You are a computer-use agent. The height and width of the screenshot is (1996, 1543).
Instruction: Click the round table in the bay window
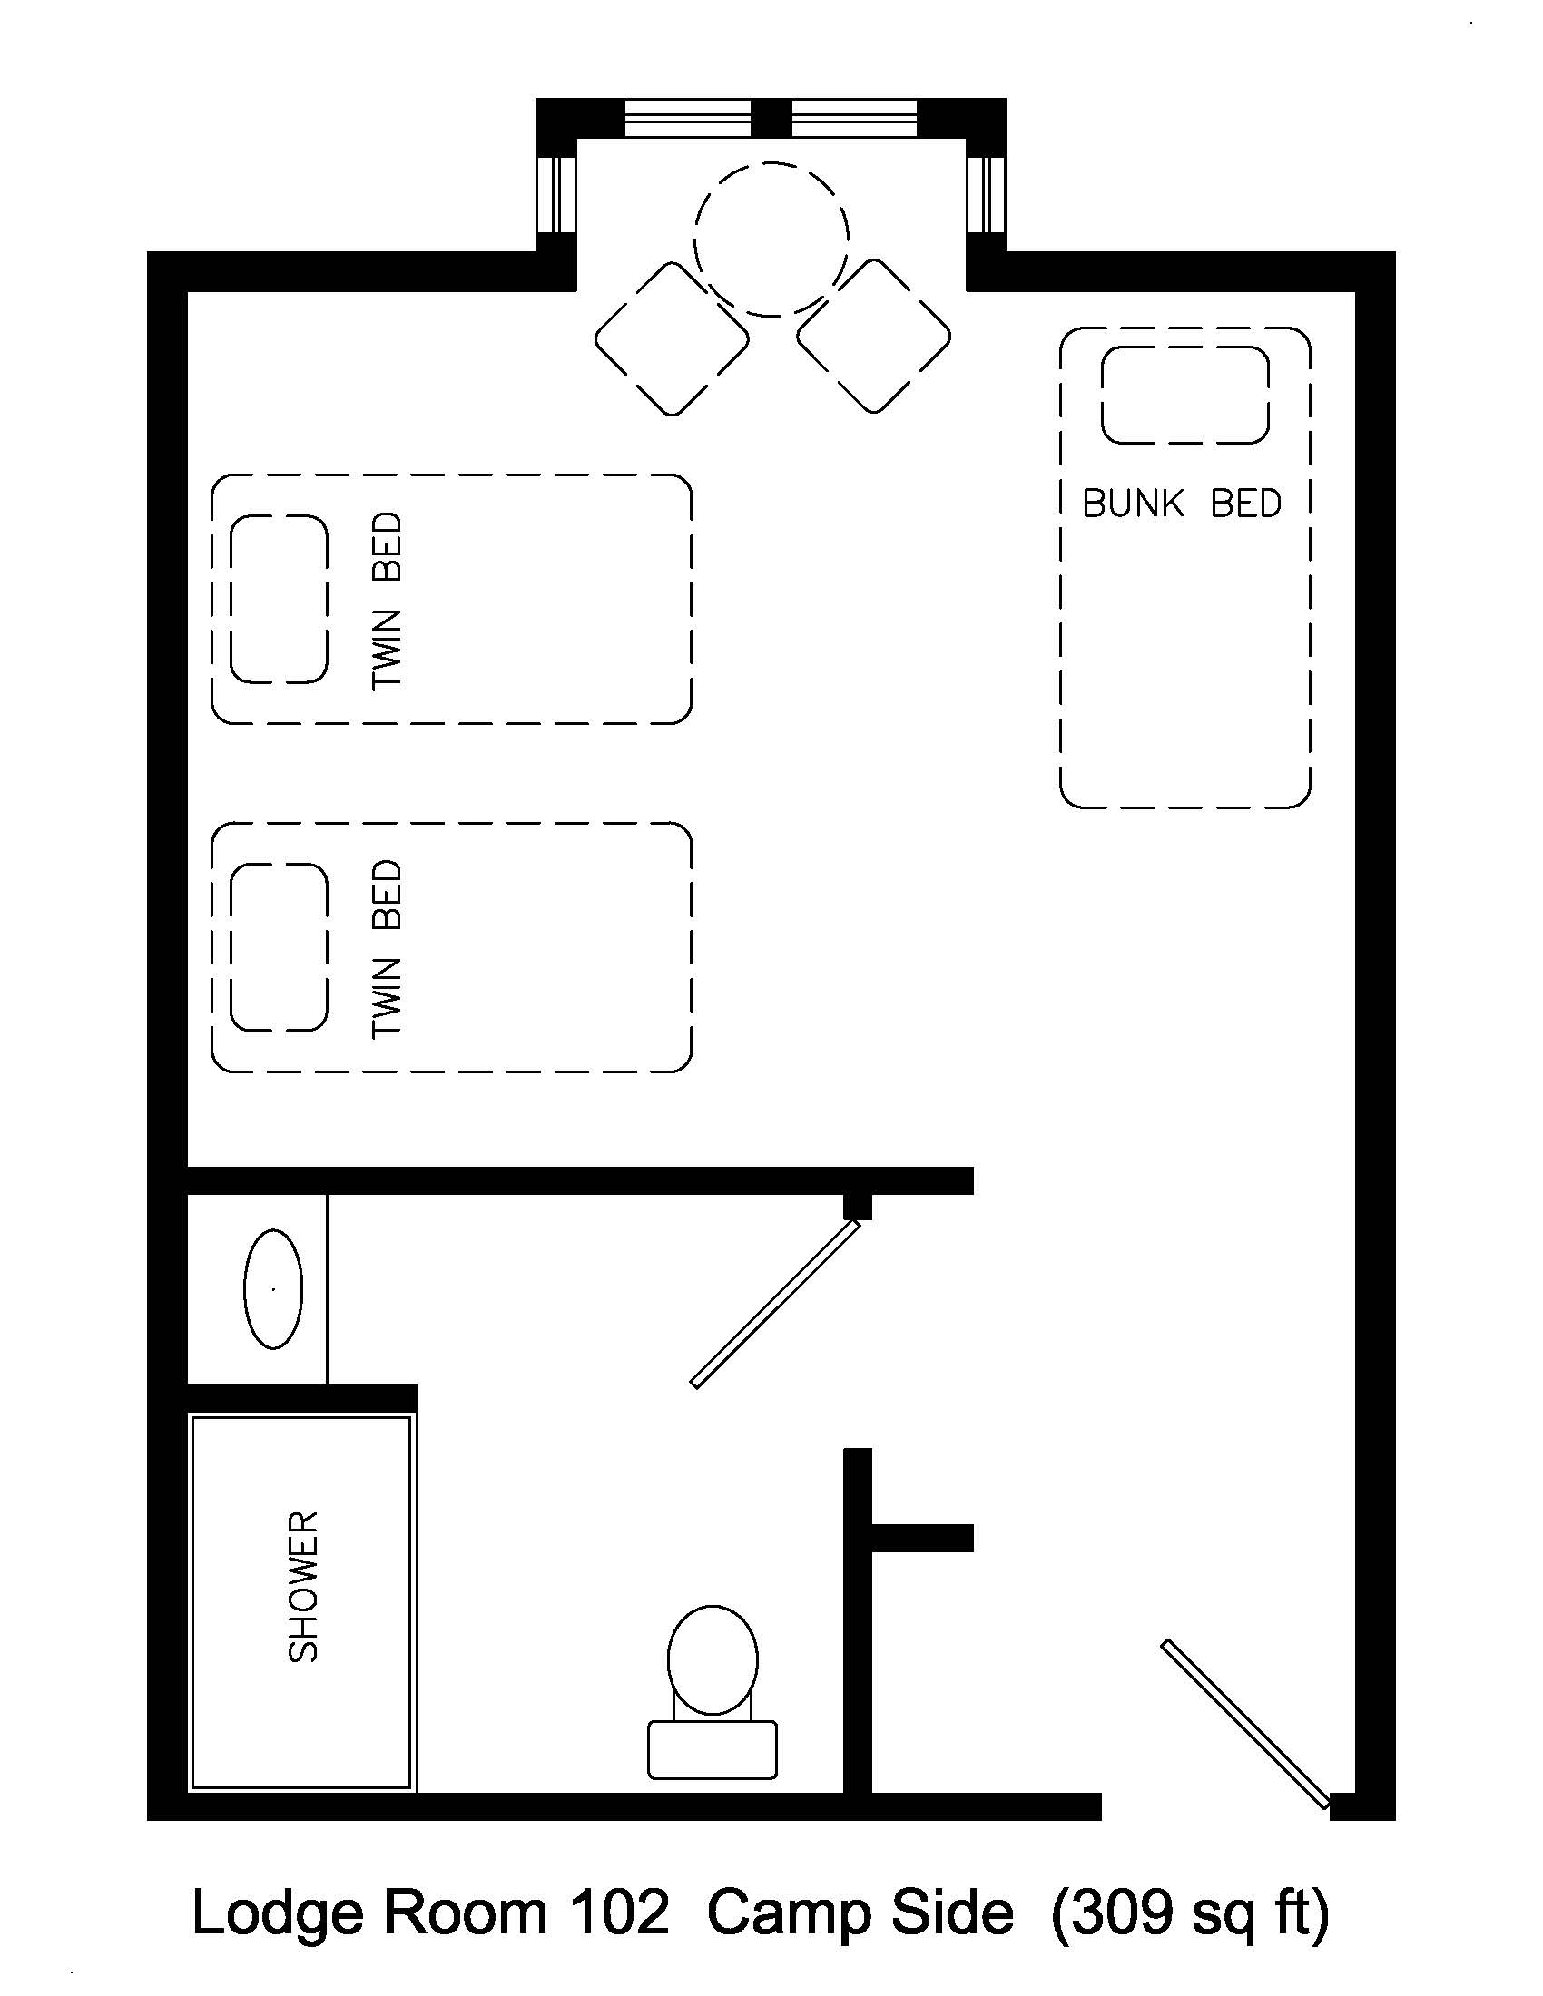771,240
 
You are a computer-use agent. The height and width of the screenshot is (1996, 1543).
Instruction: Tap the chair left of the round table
672,339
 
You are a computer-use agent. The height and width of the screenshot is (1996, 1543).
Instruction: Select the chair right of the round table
873,337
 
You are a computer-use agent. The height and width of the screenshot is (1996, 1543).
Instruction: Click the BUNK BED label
1181,504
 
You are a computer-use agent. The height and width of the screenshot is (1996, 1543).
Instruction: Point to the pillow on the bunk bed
1184,395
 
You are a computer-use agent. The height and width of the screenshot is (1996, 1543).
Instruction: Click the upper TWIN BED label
387,601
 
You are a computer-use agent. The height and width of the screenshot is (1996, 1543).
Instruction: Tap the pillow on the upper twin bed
279,600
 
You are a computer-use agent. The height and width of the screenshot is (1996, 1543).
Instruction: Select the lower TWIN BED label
387,949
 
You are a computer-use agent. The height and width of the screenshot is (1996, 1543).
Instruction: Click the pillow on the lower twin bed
279,947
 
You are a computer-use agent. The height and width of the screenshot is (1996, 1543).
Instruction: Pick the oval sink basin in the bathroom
273,1288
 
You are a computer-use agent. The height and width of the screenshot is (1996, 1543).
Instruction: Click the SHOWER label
302,1587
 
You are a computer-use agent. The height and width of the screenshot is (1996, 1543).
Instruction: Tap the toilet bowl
713,1658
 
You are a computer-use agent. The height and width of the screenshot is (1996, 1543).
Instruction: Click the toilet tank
713,1749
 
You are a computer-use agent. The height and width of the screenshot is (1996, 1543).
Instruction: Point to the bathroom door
775,1305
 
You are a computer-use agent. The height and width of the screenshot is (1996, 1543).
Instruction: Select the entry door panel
1244,1724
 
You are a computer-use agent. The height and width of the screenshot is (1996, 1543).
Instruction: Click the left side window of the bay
555,195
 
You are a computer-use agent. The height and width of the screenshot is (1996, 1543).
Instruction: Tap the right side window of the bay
987,195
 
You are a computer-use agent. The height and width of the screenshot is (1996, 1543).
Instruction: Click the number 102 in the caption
619,1913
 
